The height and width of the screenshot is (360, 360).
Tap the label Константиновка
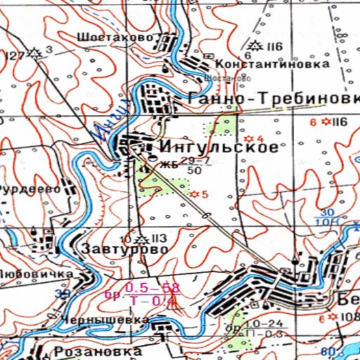pos(272,64)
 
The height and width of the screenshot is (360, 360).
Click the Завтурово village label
pos(124,249)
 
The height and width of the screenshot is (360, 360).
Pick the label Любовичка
pos(36,273)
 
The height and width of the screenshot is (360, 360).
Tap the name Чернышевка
pos(104,320)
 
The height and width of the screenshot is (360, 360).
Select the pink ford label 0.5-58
pos(152,288)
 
